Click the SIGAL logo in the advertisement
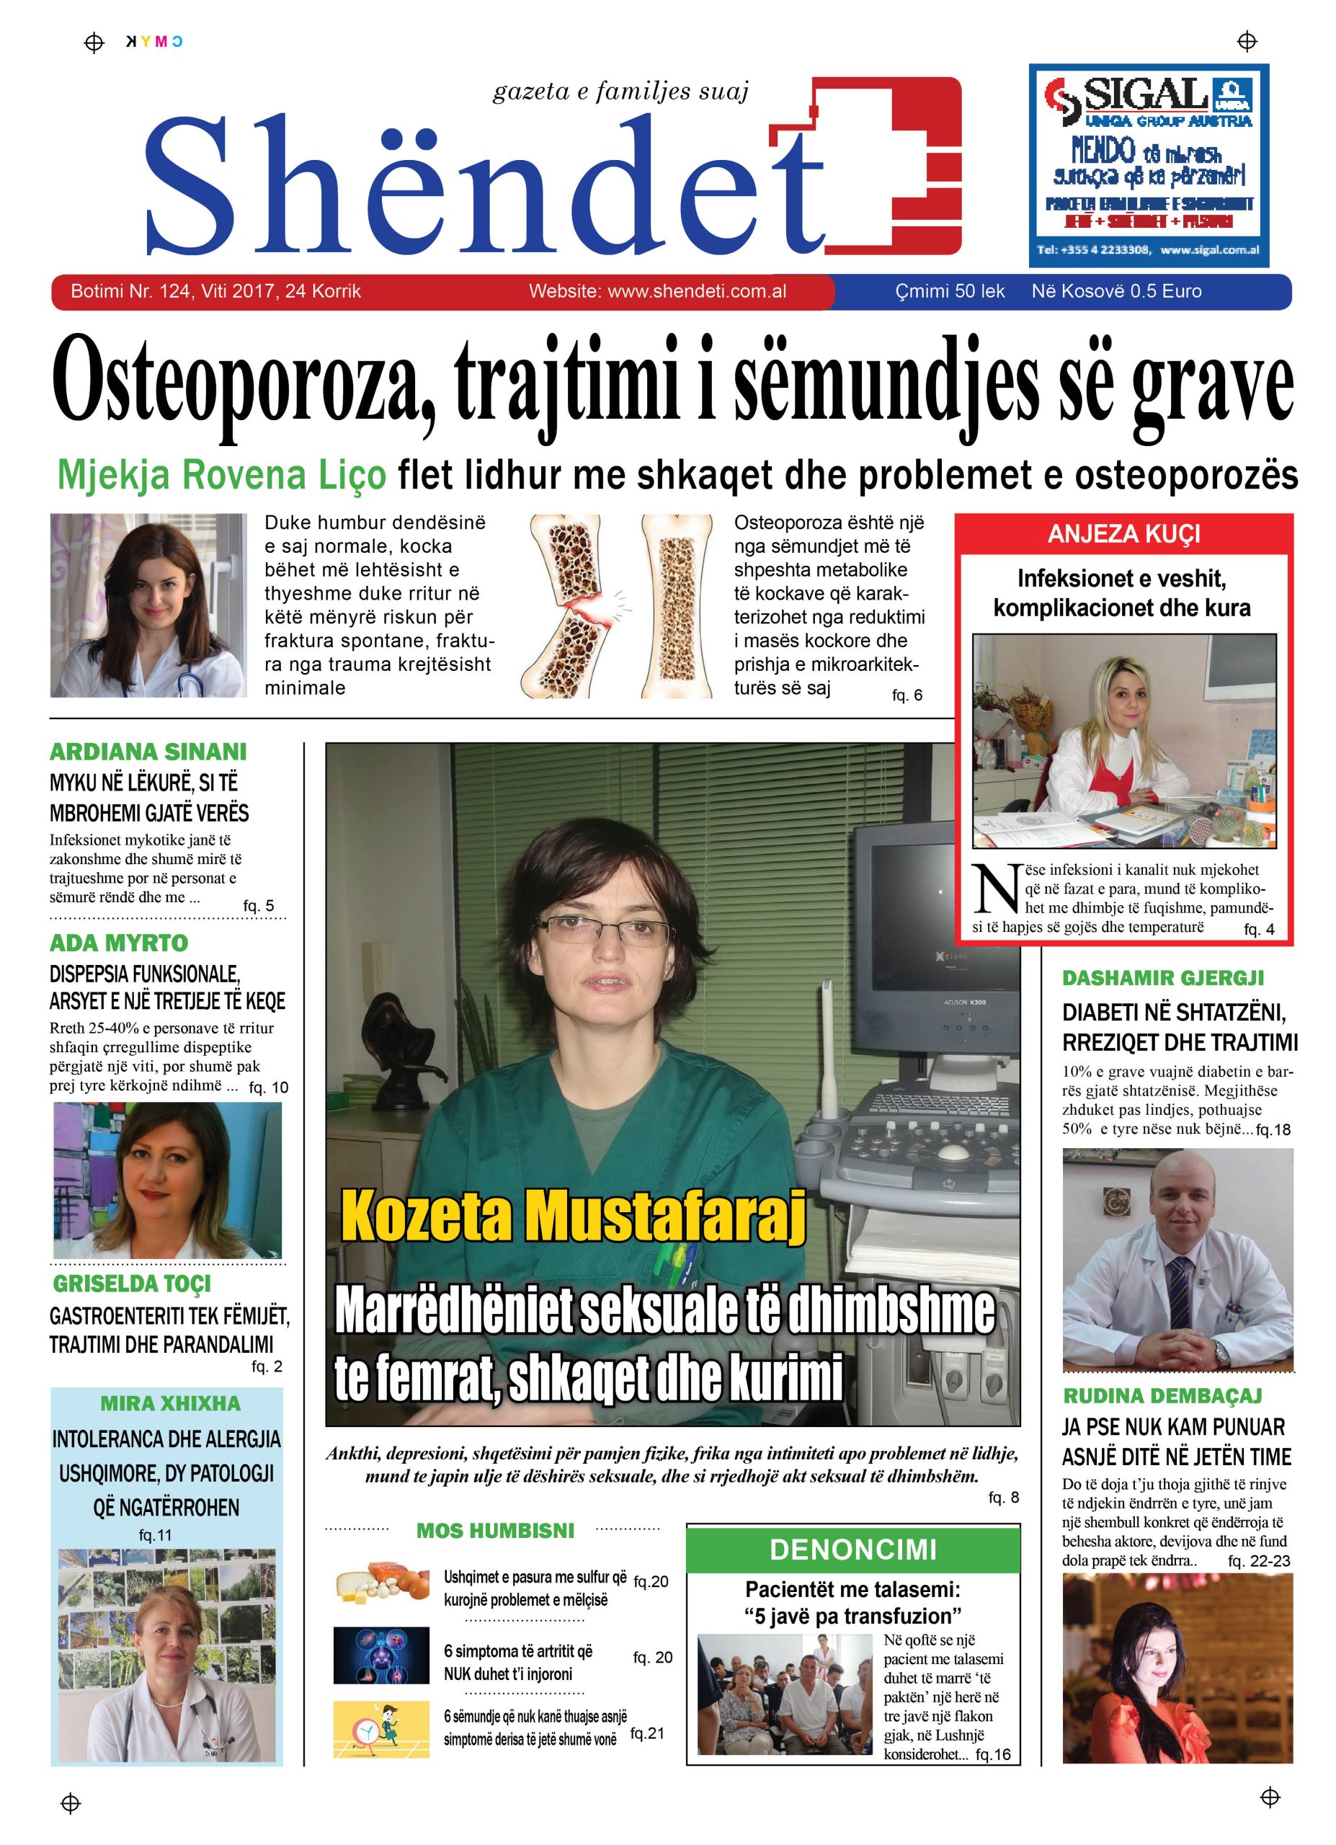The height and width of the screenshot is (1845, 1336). [1145, 96]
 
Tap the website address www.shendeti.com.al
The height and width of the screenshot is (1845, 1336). [657, 291]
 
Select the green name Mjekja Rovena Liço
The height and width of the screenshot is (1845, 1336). [221, 476]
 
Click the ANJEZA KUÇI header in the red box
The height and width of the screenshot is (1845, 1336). [1123, 535]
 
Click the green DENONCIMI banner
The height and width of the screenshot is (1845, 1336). [852, 1549]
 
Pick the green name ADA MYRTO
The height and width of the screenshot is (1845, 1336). [119, 943]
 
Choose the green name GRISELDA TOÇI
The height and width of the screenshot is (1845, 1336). [132, 1284]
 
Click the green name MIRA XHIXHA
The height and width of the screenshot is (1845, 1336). [170, 1403]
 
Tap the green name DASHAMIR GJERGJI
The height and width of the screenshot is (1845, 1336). [1163, 978]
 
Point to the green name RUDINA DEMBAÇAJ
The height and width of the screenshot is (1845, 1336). [1162, 1396]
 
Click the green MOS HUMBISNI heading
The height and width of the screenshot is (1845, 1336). [494, 1530]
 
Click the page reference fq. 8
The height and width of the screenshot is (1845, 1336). [1002, 1497]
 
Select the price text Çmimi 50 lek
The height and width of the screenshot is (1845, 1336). [949, 291]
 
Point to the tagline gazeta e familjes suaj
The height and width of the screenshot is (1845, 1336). [620, 91]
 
